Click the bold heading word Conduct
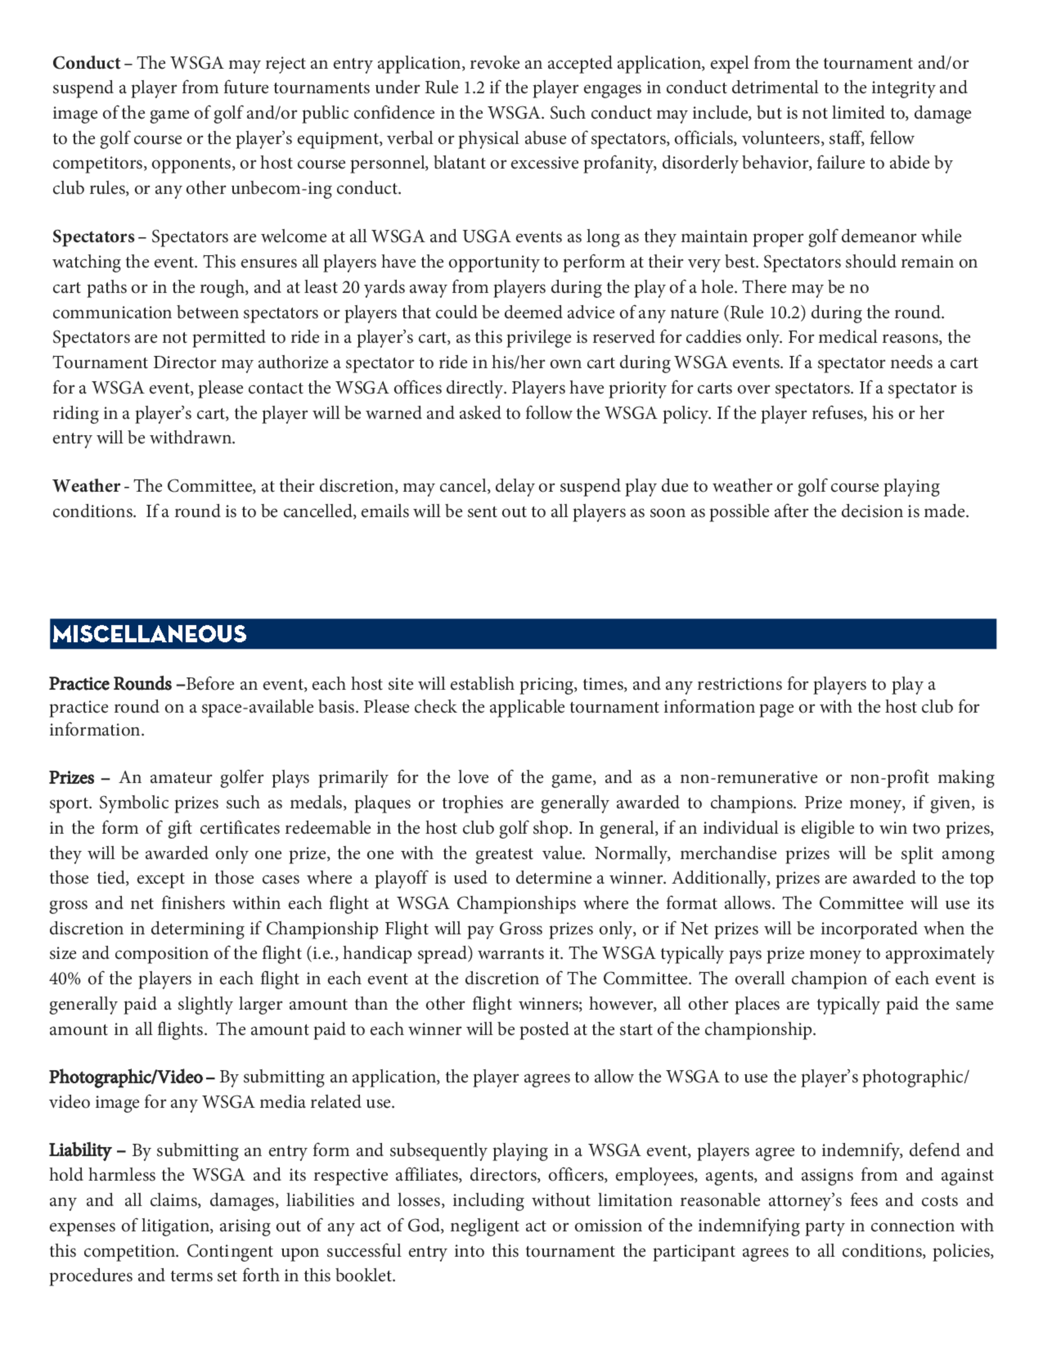pyautogui.click(x=86, y=63)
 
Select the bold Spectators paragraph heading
pyautogui.click(x=93, y=237)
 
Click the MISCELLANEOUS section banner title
pyautogui.click(x=150, y=634)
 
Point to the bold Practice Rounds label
pyautogui.click(x=111, y=684)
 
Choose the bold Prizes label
pyautogui.click(x=71, y=777)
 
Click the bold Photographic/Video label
pyautogui.click(x=126, y=1077)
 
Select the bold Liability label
pyautogui.click(x=80, y=1150)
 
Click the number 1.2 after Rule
pyautogui.click(x=474, y=88)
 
